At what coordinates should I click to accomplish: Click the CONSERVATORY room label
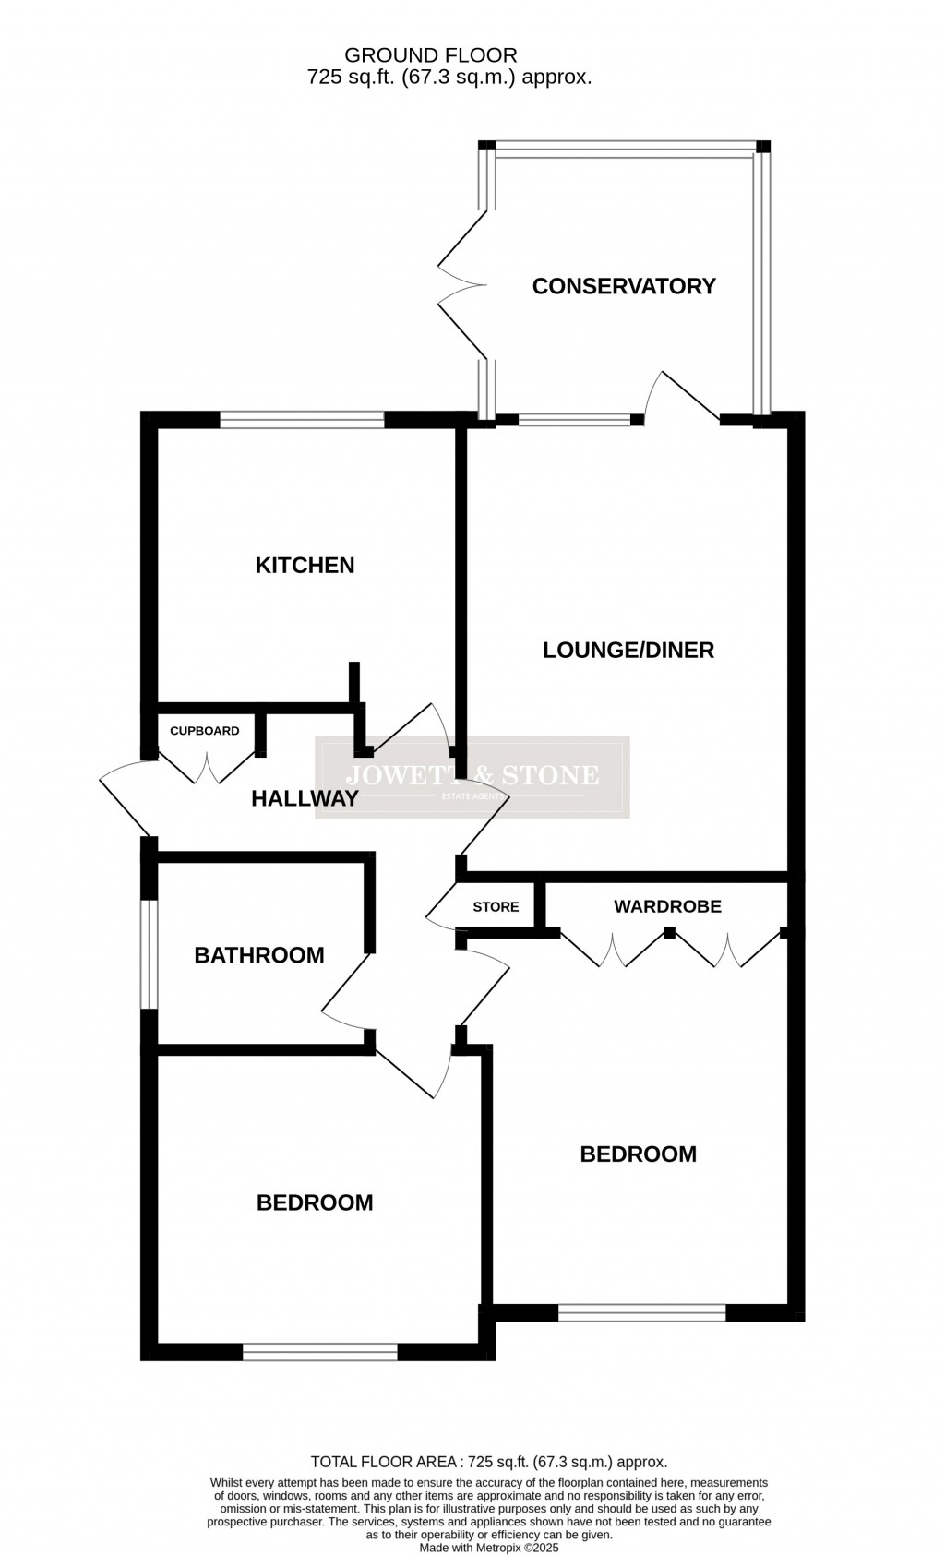pos(624,286)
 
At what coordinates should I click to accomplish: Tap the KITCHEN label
pos(305,565)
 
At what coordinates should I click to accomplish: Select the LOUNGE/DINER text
pos(628,650)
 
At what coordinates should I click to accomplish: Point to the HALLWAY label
pos(305,799)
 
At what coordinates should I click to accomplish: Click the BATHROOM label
pos(259,955)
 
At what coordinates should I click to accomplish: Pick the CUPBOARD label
pos(205,731)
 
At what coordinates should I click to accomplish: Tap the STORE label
pos(496,907)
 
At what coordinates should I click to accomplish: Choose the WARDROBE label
pos(667,906)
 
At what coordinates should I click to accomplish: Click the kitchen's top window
pos(302,420)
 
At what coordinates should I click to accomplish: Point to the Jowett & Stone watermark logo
pos(472,777)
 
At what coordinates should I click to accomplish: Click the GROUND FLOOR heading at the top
pos(431,55)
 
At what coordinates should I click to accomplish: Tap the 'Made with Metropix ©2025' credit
pos(489,1548)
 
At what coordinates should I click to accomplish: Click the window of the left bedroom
pos(320,1352)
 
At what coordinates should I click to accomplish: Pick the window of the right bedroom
pos(642,1312)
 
